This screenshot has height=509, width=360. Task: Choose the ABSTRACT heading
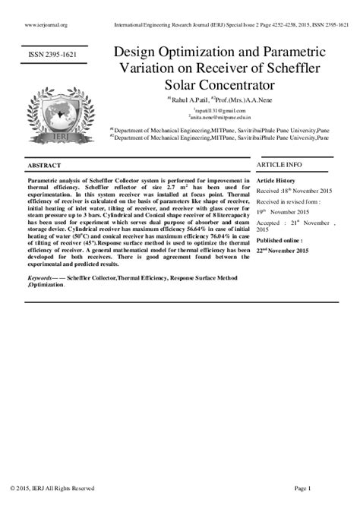pyautogui.click(x=45, y=165)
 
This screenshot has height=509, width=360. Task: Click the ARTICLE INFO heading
pyautogui.click(x=279, y=164)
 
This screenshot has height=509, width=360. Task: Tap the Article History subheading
pyautogui.click(x=276, y=181)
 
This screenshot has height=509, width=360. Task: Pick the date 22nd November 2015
pyautogui.click(x=283, y=250)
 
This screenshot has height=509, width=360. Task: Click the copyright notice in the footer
pyautogui.click(x=52, y=488)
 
